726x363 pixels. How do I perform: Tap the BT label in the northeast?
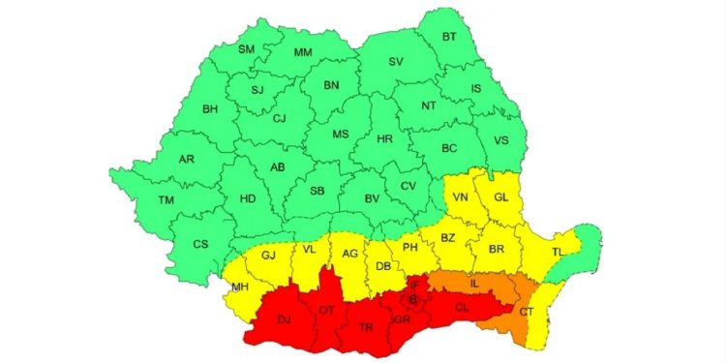coord(449,37)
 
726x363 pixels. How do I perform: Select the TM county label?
coord(140,199)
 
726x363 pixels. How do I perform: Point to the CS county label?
coord(200,244)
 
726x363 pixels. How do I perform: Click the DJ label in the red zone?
coord(284,319)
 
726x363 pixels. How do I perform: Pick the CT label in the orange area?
coord(526,312)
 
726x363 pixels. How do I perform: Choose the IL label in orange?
coord(474,284)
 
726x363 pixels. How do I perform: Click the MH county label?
coord(239,287)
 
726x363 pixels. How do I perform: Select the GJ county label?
coord(269,256)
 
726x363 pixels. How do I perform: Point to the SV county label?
coord(395,61)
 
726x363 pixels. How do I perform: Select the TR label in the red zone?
coord(367,327)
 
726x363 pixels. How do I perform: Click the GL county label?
coord(500,197)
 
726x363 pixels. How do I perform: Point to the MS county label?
coord(341,135)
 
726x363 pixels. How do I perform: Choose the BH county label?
coord(209,109)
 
